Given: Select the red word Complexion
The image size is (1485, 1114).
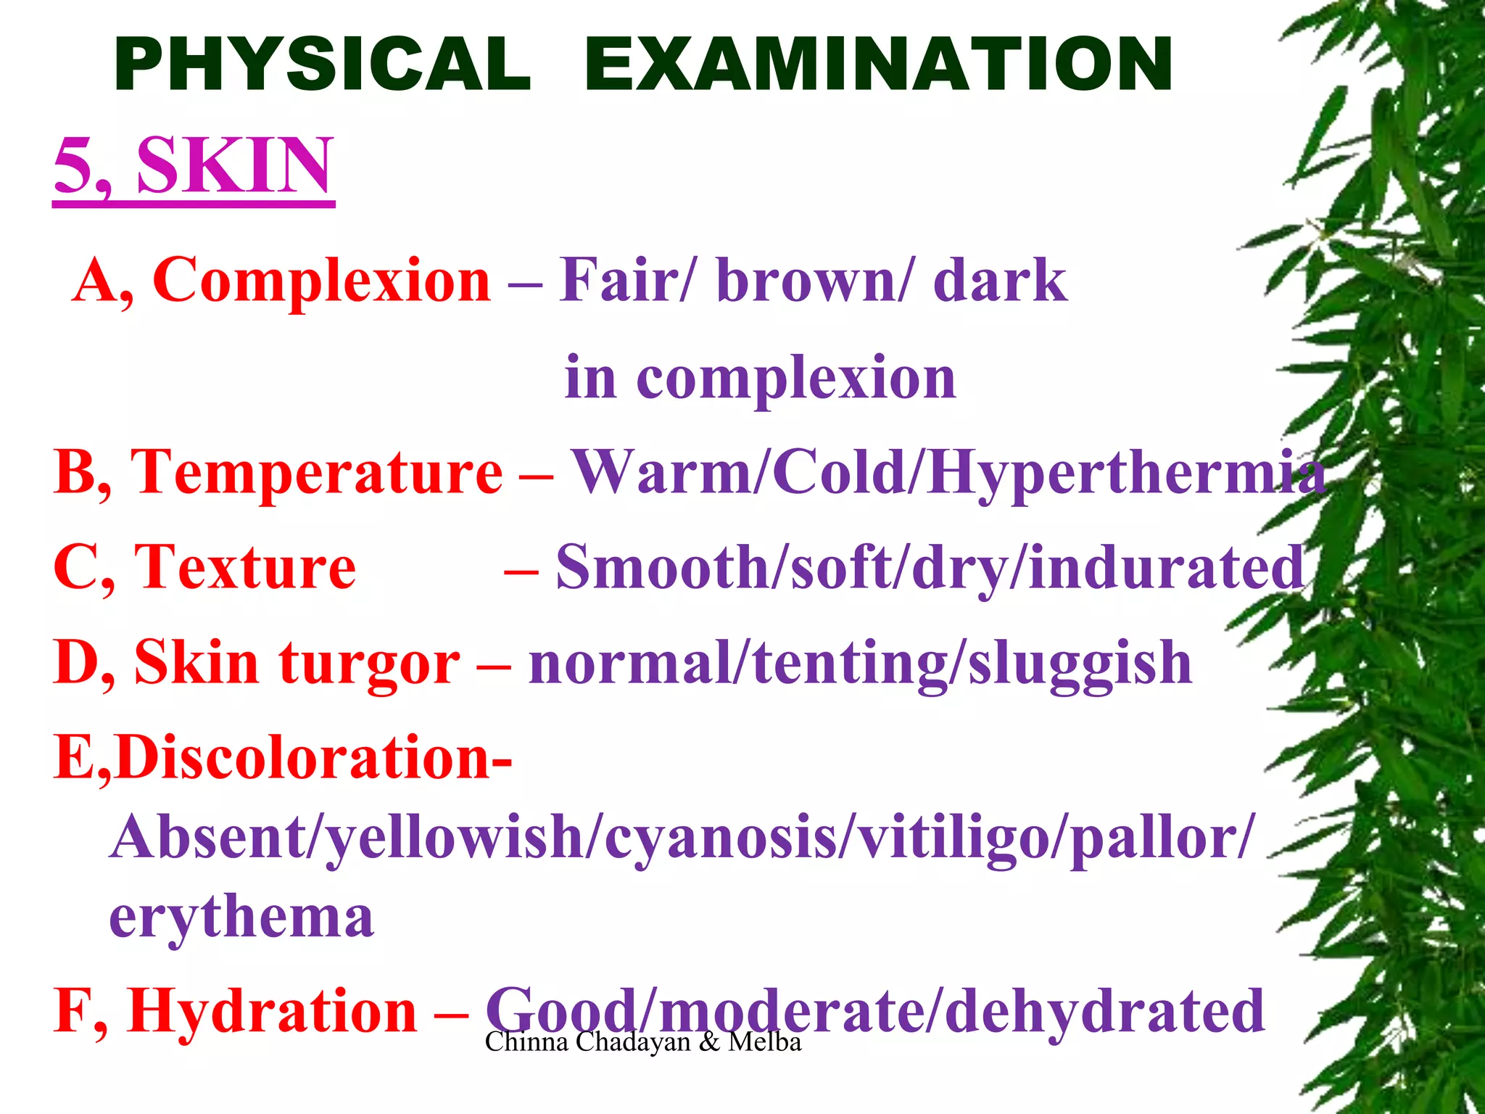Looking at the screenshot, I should [x=322, y=281].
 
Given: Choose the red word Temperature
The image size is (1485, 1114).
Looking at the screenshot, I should [x=316, y=473].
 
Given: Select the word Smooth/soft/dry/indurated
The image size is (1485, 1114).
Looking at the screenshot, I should [x=931, y=568].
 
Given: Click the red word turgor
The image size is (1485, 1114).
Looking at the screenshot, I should [x=369, y=664].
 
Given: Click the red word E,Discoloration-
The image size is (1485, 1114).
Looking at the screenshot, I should [x=283, y=759].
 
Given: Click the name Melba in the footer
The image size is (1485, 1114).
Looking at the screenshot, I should [x=765, y=1042].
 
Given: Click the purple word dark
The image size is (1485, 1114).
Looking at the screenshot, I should [x=1000, y=281].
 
